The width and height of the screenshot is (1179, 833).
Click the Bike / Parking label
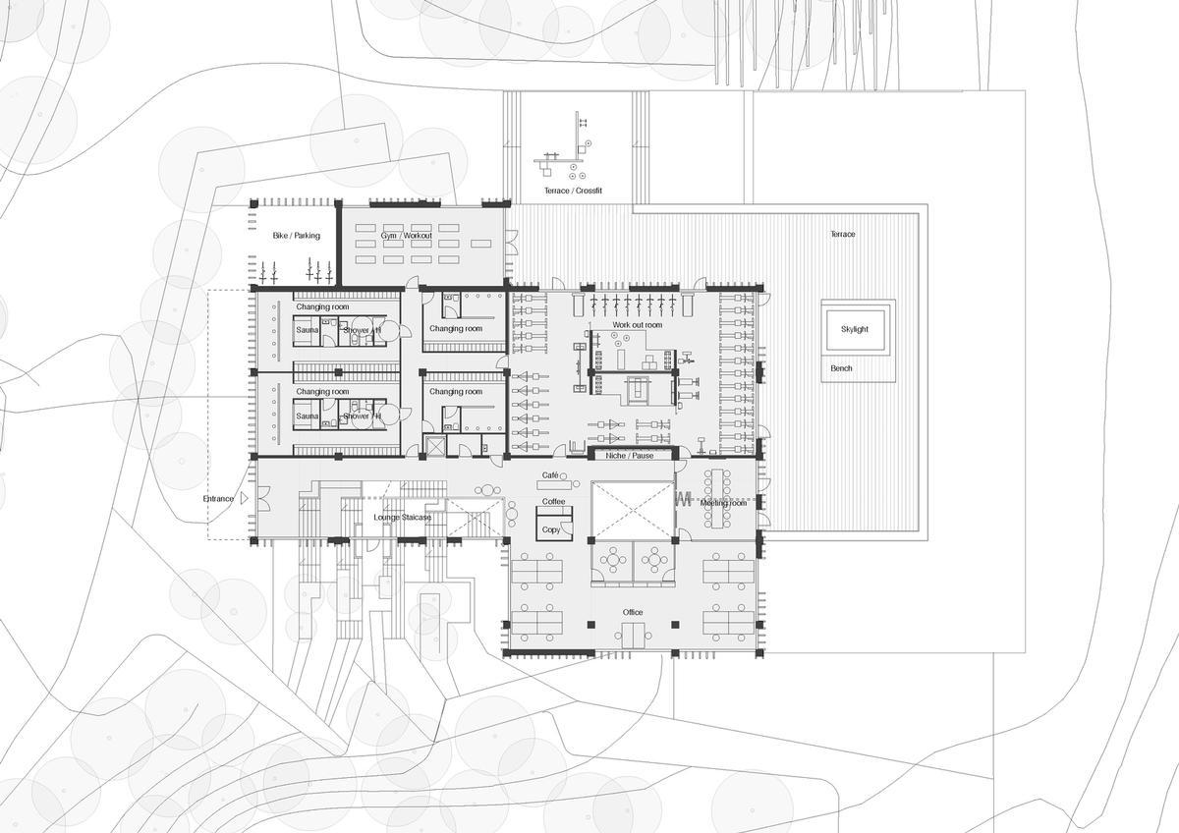(x=296, y=236)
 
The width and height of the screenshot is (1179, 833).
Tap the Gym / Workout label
(x=407, y=237)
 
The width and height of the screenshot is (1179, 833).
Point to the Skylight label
(x=854, y=330)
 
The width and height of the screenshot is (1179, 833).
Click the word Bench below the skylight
(x=841, y=368)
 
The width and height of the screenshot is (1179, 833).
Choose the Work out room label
(x=638, y=324)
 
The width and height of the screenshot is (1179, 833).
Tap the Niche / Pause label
(x=630, y=456)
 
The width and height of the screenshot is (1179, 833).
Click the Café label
(x=550, y=475)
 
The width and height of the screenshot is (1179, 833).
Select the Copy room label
(x=551, y=529)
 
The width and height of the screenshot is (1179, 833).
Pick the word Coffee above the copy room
(x=553, y=502)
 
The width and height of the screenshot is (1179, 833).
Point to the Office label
(x=633, y=612)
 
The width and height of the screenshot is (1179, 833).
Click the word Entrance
(x=218, y=499)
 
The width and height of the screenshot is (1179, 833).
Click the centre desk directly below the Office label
(x=633, y=636)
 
